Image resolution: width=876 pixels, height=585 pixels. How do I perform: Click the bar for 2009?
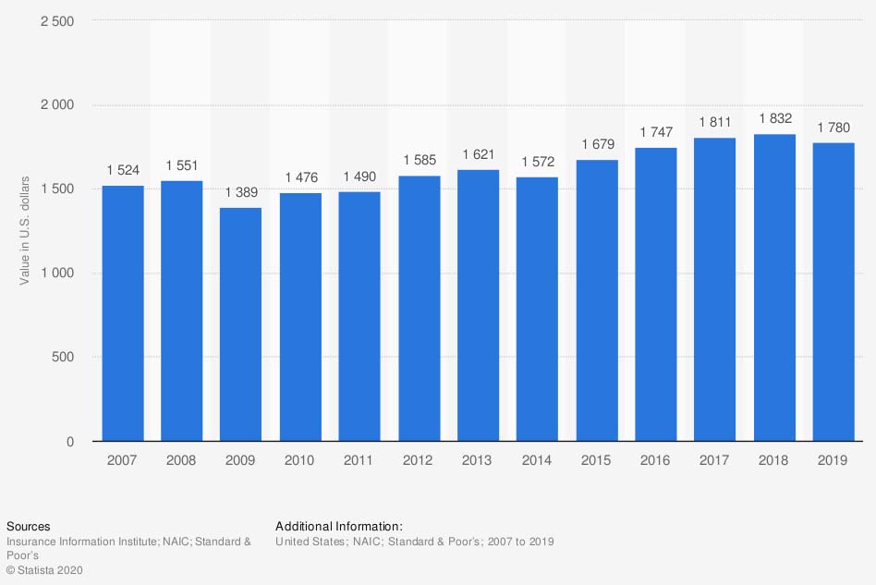(x=240, y=324)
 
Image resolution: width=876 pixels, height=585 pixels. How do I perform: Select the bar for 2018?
(x=774, y=287)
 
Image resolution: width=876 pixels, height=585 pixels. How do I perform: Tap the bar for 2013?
(x=478, y=305)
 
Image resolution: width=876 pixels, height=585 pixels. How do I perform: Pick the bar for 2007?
(x=122, y=313)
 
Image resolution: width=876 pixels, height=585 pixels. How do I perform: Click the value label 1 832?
(x=774, y=118)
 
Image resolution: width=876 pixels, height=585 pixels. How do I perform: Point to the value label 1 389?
(x=240, y=192)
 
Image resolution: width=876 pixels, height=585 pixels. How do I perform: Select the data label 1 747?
(x=656, y=132)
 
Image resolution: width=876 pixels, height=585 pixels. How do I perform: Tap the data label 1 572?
(x=537, y=162)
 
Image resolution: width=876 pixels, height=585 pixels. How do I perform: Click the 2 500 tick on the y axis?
(x=58, y=20)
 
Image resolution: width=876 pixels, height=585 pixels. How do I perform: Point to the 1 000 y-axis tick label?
(x=58, y=274)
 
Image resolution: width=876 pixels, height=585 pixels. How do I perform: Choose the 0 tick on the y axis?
(x=70, y=442)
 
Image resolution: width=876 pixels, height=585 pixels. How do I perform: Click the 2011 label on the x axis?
(x=359, y=460)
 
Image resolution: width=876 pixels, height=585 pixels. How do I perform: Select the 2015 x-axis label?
(x=596, y=460)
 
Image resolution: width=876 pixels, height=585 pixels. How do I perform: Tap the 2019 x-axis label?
(x=833, y=460)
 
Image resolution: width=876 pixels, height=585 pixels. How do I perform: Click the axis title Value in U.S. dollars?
(x=25, y=229)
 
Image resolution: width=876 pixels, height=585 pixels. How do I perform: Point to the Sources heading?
(x=28, y=527)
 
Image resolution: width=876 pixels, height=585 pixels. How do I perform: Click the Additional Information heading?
(x=339, y=527)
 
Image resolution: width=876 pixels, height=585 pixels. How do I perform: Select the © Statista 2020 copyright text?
(x=44, y=570)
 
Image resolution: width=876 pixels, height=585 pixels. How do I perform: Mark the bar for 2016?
(x=656, y=295)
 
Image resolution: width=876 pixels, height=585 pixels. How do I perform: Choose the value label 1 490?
(x=359, y=177)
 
